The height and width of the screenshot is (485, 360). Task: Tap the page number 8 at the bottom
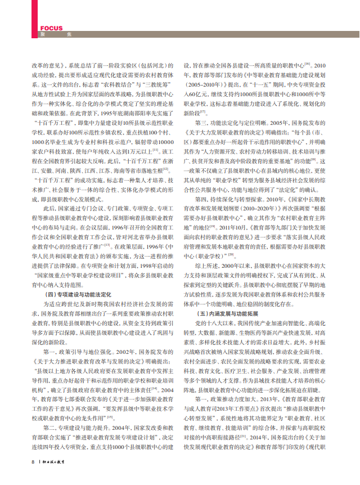[x=33, y=477]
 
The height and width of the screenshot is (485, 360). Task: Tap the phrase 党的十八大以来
[x=214, y=324]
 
